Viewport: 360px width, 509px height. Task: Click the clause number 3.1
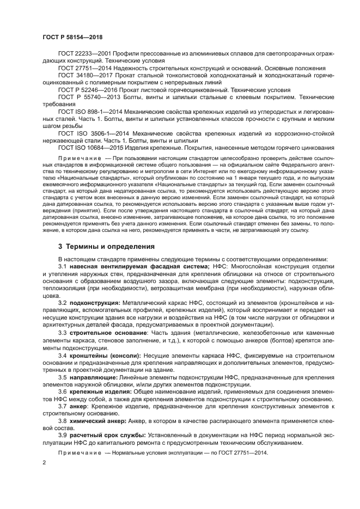[x=63, y=266]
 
